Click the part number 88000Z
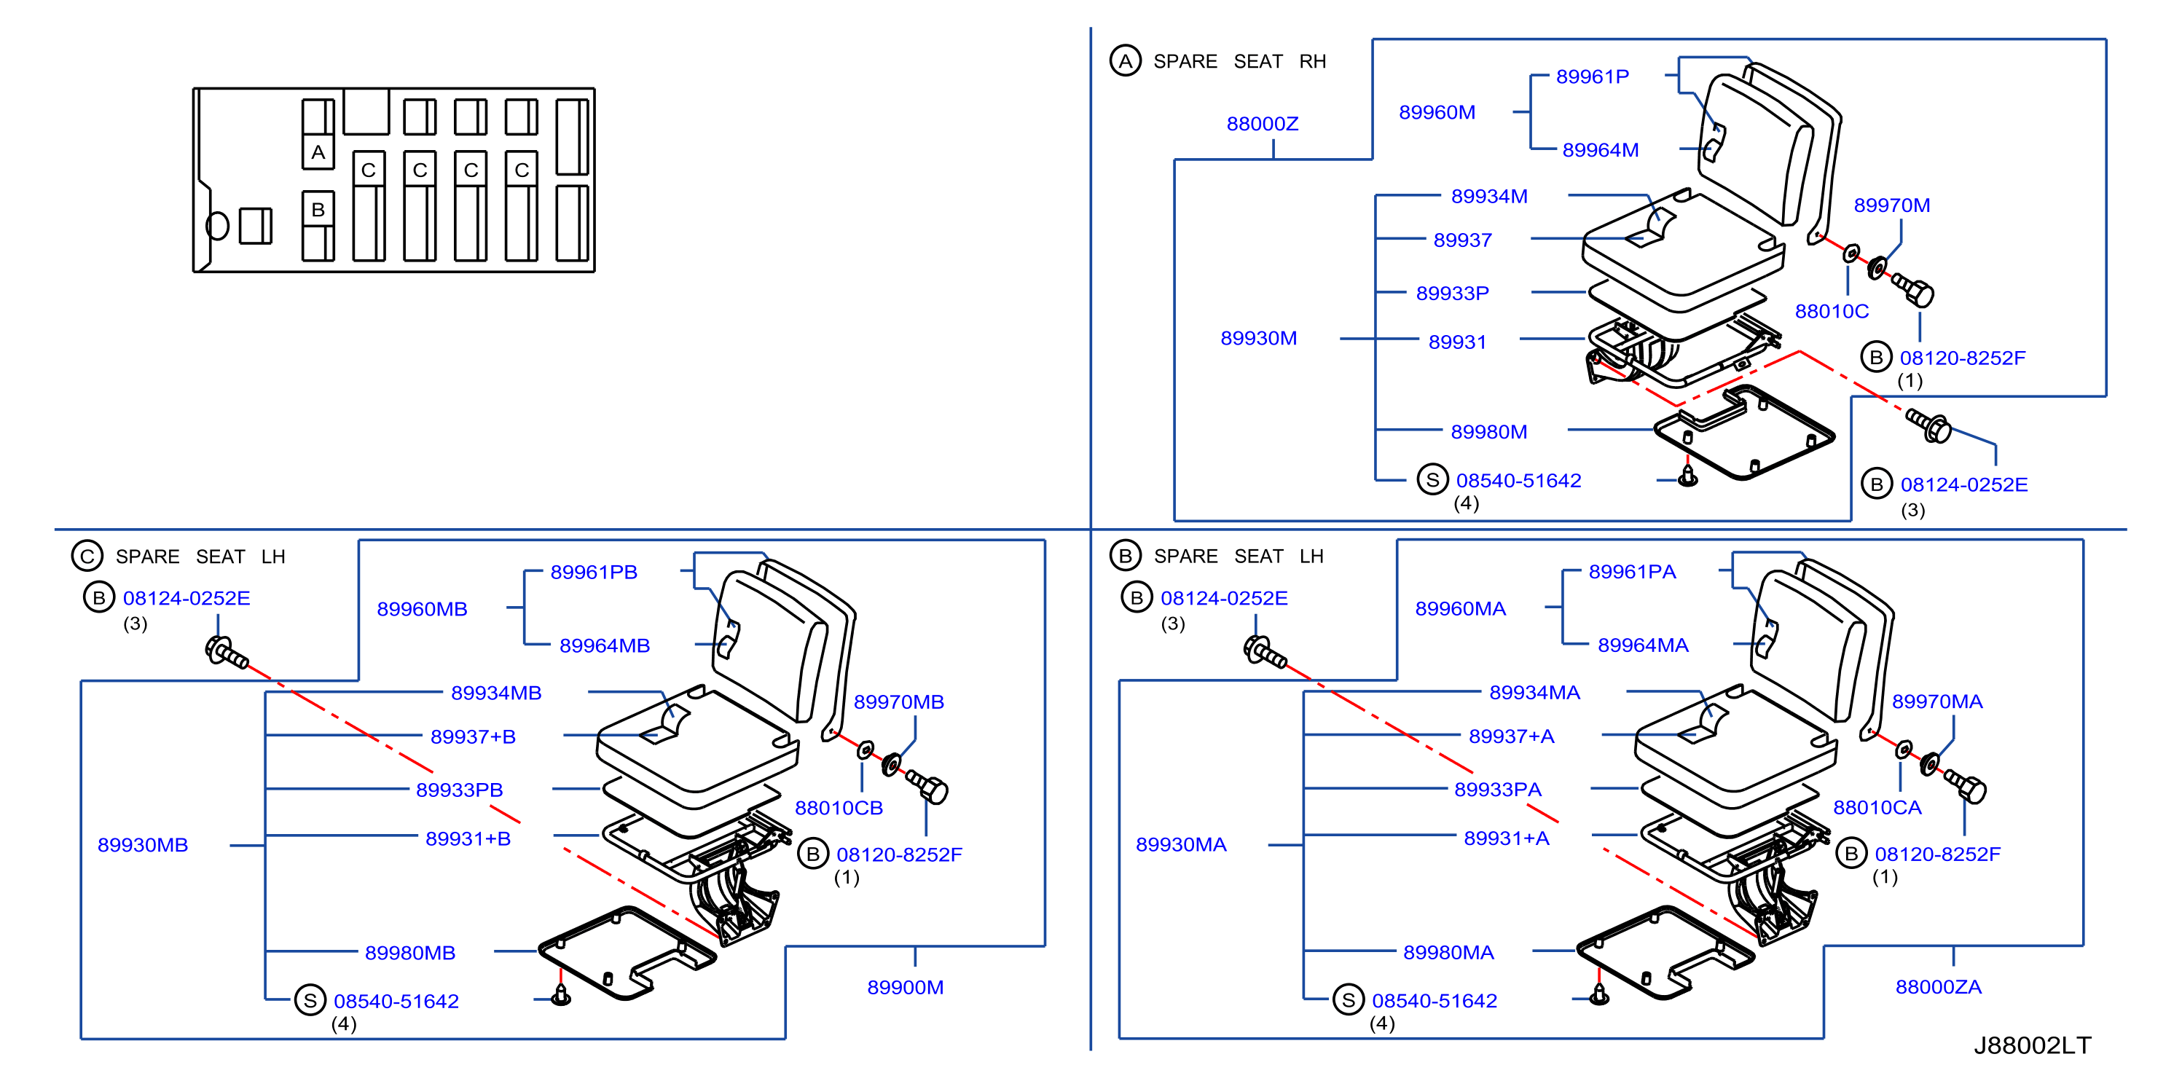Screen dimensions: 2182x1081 point(1262,124)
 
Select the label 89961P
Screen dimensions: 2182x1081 point(1593,76)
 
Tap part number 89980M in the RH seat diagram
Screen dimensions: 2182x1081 point(1488,432)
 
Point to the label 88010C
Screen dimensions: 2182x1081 point(1832,312)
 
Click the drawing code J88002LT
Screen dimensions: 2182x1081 point(2032,1045)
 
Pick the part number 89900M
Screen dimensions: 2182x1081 point(905,987)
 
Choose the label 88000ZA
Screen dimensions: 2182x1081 point(1938,987)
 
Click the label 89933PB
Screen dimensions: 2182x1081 point(459,790)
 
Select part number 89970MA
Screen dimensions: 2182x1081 point(1937,701)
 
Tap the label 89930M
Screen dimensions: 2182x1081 point(1258,338)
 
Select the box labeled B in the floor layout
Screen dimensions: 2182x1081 point(318,209)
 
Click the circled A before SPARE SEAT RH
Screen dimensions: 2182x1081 point(1125,61)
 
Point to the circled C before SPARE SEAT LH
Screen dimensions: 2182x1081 point(87,557)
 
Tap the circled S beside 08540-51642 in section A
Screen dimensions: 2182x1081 point(1432,480)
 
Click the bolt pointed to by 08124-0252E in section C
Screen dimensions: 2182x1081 point(225,653)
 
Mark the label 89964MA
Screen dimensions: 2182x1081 point(1642,645)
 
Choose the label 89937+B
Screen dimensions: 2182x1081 point(473,737)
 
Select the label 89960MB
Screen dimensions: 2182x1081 point(422,609)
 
